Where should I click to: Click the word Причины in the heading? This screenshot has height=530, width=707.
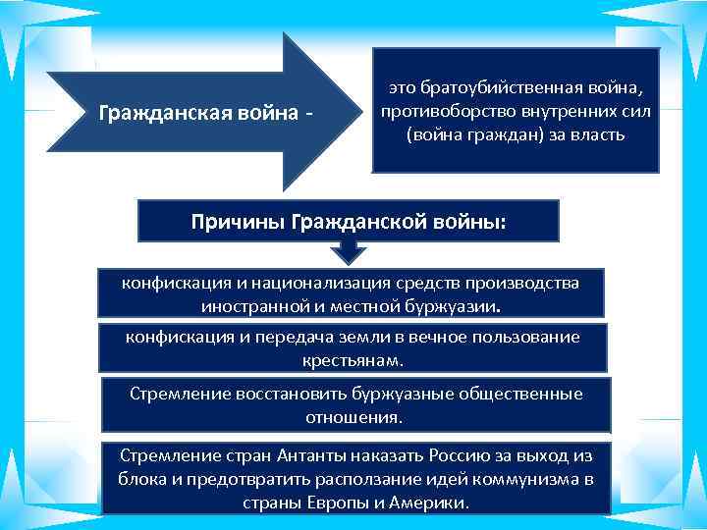238,221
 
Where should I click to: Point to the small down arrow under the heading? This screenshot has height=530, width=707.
349,253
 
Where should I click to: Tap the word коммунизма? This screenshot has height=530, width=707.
520,478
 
